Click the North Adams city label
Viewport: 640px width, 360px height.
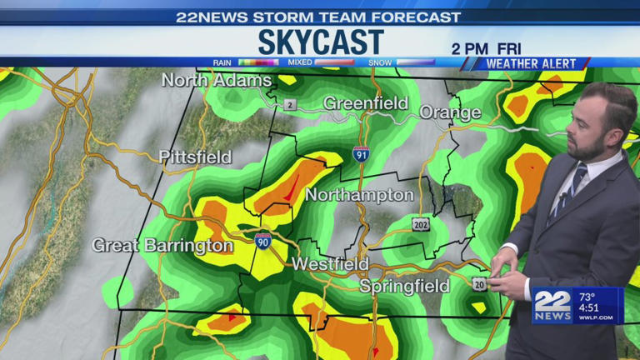(x=217, y=80)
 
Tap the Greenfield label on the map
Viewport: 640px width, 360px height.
(x=366, y=103)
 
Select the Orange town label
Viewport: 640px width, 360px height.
(x=450, y=112)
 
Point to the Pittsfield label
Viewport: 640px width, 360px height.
(x=195, y=157)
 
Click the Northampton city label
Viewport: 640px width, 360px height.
(x=359, y=195)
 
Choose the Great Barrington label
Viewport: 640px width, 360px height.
(x=162, y=245)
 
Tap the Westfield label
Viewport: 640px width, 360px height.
(x=330, y=264)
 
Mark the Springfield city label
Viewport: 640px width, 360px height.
(x=404, y=286)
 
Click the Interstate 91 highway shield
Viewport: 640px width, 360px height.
(x=361, y=154)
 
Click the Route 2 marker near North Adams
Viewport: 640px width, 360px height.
(x=289, y=104)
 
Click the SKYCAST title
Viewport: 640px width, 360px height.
(x=321, y=42)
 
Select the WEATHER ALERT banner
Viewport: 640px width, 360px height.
(x=530, y=63)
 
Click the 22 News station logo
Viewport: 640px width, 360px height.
(x=552, y=306)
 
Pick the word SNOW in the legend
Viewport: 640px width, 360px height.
(x=381, y=62)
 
